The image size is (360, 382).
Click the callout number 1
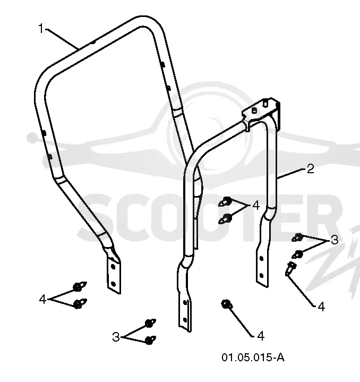(41, 29)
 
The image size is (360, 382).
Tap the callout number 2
(310, 169)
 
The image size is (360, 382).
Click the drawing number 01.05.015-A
(253, 358)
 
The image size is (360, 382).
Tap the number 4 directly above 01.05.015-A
(261, 336)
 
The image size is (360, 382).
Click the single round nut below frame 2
(226, 304)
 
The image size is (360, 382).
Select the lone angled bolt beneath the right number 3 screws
(290, 268)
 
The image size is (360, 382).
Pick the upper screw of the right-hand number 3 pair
(297, 237)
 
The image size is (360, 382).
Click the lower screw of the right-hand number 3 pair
(297, 254)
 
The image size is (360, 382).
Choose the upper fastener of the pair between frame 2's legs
(225, 201)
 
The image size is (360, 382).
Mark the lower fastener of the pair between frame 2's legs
(225, 218)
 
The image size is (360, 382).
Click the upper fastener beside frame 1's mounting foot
(80, 286)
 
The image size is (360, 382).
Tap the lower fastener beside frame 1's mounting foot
(80, 303)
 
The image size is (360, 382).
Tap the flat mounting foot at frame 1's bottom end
(114, 275)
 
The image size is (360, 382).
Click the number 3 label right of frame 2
(335, 240)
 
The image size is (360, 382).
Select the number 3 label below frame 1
(116, 337)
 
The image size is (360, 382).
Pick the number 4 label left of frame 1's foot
(42, 299)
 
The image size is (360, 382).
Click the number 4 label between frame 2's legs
(256, 206)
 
